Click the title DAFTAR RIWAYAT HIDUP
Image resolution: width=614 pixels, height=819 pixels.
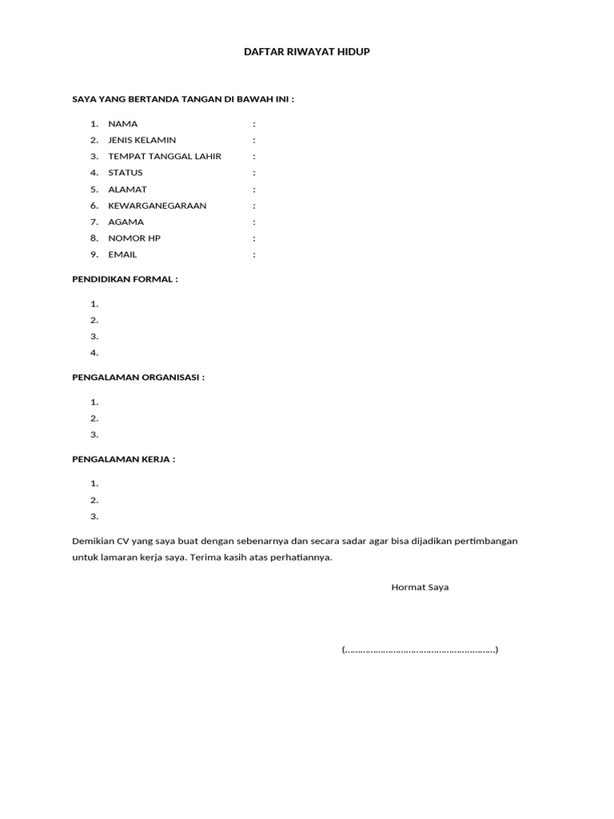(x=307, y=52)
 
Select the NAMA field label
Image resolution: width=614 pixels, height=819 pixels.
(x=123, y=124)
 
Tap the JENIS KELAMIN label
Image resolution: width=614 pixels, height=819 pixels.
(x=142, y=140)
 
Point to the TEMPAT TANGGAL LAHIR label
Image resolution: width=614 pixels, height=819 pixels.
(x=165, y=157)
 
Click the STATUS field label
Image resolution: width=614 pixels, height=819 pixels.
(x=126, y=173)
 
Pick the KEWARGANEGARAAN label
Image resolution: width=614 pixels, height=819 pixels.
(x=157, y=206)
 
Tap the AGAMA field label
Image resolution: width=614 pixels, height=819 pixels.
(x=126, y=222)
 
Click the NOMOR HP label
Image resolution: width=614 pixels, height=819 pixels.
(x=134, y=238)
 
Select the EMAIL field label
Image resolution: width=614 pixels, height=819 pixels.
(x=122, y=254)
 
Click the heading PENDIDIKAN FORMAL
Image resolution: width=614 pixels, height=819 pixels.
(x=125, y=279)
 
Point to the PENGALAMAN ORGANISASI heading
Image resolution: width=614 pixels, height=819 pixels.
(x=138, y=378)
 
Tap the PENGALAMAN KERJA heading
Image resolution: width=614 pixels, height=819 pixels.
(x=123, y=459)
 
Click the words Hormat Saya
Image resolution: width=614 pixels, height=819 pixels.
(x=420, y=587)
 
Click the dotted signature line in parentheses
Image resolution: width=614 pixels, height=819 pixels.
(x=420, y=650)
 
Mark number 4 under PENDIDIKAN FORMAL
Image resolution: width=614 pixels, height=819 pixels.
(x=94, y=353)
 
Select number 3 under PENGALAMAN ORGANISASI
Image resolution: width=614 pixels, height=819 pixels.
(x=94, y=434)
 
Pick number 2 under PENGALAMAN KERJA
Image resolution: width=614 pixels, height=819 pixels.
(x=94, y=500)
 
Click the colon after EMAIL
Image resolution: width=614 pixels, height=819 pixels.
(x=254, y=254)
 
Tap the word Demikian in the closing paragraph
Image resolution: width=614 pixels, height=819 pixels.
(x=93, y=541)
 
